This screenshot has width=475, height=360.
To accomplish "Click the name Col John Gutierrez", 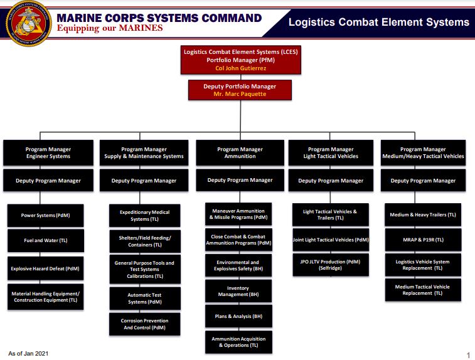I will [x=240, y=68].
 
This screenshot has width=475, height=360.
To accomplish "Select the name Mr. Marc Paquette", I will [x=240, y=94].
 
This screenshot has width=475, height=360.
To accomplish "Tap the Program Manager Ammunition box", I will [x=240, y=152].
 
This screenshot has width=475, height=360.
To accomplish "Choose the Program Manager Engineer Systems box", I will [x=48, y=152].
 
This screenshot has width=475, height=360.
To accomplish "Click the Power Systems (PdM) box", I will [x=45, y=214].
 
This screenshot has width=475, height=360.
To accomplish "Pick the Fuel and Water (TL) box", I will [x=45, y=241].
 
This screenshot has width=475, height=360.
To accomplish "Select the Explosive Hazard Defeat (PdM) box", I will [x=45, y=268].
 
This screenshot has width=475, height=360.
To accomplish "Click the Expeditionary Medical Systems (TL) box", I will [x=145, y=216].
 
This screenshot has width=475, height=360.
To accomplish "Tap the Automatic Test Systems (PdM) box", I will [x=145, y=298].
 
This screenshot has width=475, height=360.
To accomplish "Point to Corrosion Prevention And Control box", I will [x=145, y=324].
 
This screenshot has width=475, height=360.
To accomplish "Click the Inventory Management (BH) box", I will [x=238, y=292].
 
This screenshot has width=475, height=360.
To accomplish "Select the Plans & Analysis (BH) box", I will [x=238, y=316].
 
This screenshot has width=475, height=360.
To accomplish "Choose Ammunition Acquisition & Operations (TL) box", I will [x=238, y=342].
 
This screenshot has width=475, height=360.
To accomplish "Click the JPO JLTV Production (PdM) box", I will [x=330, y=265].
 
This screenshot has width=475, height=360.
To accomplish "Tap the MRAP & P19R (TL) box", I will [x=422, y=240].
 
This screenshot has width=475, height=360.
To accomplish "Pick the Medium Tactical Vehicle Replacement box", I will [x=422, y=290].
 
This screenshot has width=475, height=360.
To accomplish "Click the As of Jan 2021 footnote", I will [x=28, y=354].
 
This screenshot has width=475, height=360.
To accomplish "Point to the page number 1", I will [x=468, y=355].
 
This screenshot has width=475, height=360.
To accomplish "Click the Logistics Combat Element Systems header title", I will [x=378, y=22].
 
